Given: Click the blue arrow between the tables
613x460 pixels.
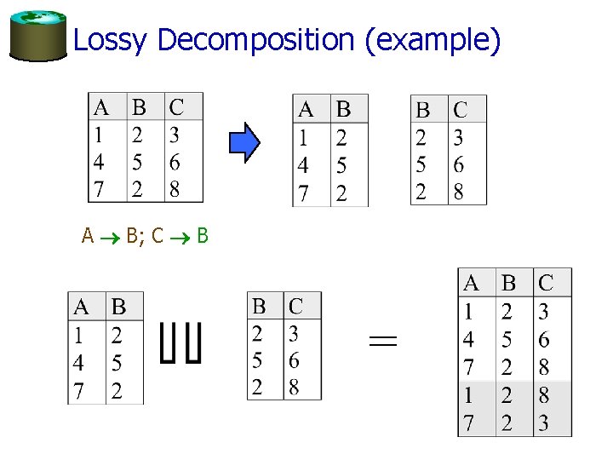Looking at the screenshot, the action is pyautogui.click(x=244, y=141).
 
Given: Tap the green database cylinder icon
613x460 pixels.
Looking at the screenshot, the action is pyautogui.click(x=37, y=36).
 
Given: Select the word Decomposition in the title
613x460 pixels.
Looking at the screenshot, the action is pyautogui.click(x=256, y=40).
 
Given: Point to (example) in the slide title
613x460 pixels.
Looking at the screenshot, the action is pyautogui.click(x=433, y=40).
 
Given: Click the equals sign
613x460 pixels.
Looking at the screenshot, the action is pyautogui.click(x=383, y=342).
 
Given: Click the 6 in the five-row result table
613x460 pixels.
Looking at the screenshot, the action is pyautogui.click(x=544, y=340).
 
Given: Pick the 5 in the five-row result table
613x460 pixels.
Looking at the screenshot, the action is pyautogui.click(x=507, y=340).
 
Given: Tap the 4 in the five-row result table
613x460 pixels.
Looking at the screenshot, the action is pyautogui.click(x=469, y=340).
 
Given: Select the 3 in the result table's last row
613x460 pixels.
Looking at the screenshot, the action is pyautogui.click(x=544, y=423).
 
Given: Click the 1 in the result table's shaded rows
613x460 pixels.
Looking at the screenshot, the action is pyautogui.click(x=469, y=395).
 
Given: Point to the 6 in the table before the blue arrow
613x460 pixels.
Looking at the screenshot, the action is pyautogui.click(x=175, y=162).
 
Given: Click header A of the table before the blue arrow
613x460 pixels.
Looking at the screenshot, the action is pyautogui.click(x=100, y=108).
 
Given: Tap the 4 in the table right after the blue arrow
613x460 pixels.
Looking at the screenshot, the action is pyautogui.click(x=304, y=164).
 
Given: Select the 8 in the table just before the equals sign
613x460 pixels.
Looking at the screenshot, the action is pyautogui.click(x=294, y=387).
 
